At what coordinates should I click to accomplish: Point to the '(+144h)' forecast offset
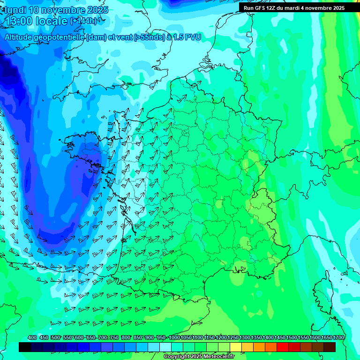[83, 21]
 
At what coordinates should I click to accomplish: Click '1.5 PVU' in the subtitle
[187, 37]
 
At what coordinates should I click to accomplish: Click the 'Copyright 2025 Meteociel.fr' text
[199, 357]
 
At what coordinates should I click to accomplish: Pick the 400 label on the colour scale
[32, 338]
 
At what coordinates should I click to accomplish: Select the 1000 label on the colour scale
[174, 338]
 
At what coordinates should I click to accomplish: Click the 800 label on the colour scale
[126, 338]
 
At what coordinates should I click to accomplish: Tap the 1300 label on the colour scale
[245, 338]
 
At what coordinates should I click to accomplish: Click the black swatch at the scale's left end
[25, 347]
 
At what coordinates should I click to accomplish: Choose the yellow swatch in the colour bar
[236, 347]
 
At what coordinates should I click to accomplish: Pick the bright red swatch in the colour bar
[283, 347]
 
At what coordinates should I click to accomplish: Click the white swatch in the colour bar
[165, 347]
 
